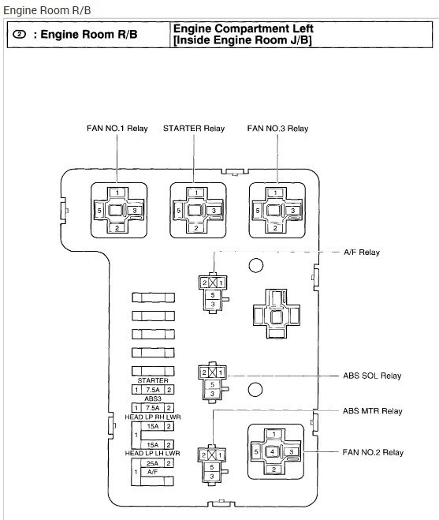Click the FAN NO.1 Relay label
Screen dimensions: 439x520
click(x=117, y=129)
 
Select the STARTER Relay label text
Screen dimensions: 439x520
click(x=194, y=129)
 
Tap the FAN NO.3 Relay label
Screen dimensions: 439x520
click(x=277, y=129)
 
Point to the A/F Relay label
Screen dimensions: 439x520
click(x=362, y=253)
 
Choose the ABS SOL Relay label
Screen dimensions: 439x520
click(x=372, y=376)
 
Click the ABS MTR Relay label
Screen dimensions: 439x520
click(x=373, y=411)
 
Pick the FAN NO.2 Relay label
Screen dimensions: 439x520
click(x=373, y=452)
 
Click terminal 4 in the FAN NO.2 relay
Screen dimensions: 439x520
click(x=273, y=451)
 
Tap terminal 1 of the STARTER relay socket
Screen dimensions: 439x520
click(x=196, y=193)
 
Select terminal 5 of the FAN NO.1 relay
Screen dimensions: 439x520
click(x=99, y=210)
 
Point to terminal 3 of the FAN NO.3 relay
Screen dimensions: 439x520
click(x=293, y=210)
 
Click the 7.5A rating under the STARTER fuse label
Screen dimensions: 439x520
click(x=153, y=390)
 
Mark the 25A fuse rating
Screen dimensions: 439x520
click(x=152, y=463)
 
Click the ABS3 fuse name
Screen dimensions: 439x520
click(x=153, y=398)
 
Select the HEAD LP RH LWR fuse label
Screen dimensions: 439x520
click(x=153, y=417)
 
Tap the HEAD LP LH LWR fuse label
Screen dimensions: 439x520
click(x=152, y=453)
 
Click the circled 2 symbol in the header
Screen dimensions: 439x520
click(x=19, y=34)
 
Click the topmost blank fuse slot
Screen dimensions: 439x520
click(x=153, y=297)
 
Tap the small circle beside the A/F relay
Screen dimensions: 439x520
click(x=256, y=265)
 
